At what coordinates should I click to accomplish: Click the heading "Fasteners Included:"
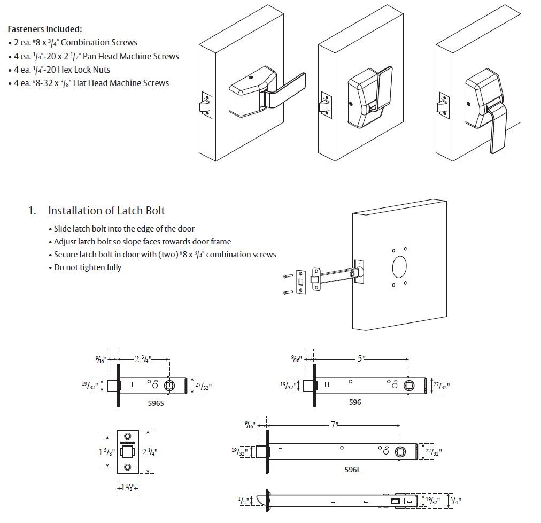click(45, 29)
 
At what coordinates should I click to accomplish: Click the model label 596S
click(156, 404)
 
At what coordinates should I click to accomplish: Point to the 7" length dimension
click(335, 425)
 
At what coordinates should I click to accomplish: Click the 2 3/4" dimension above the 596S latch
click(143, 359)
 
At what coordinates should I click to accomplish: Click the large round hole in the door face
click(399, 266)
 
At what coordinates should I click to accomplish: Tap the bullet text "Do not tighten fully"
click(88, 267)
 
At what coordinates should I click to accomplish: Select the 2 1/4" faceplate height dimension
click(150, 451)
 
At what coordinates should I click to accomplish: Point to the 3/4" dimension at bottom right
click(454, 501)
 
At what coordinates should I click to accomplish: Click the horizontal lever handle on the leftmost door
click(287, 88)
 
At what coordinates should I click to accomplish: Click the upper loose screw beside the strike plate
click(288, 276)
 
